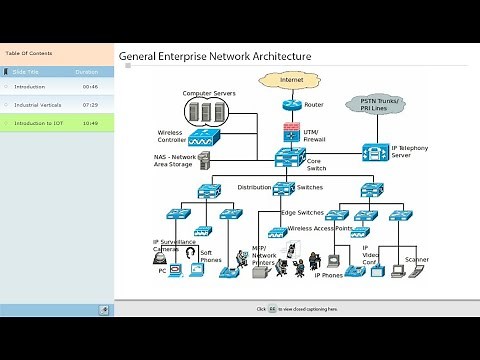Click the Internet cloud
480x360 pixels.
click(x=291, y=79)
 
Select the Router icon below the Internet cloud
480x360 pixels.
click(x=291, y=104)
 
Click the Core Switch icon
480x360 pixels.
click(x=291, y=157)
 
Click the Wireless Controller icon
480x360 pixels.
click(x=204, y=138)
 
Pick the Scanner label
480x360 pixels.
click(x=418, y=260)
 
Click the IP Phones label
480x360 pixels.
click(x=329, y=274)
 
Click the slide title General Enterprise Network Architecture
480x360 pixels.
click(x=215, y=57)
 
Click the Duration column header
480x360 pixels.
click(x=87, y=72)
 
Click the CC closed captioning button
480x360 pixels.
click(x=271, y=309)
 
